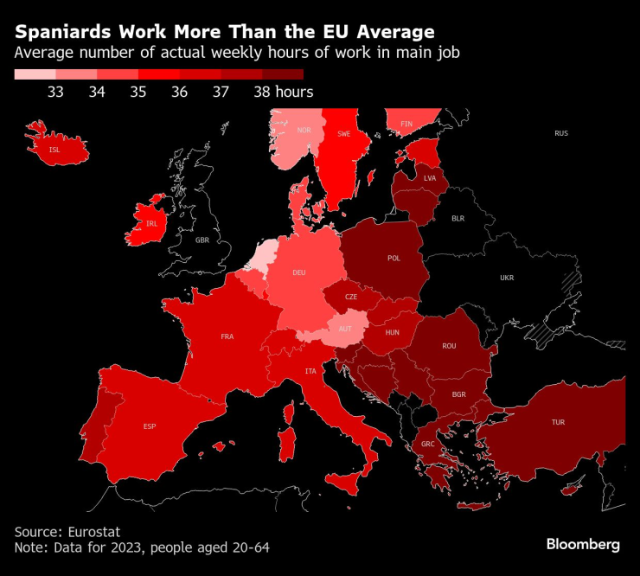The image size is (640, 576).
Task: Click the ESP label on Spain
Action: [150, 426]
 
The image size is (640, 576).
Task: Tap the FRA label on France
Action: [227, 336]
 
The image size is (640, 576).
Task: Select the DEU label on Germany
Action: [299, 272]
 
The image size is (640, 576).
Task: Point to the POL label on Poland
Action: [394, 258]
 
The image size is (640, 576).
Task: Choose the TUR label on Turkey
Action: [558, 423]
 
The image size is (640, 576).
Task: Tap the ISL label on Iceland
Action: [55, 150]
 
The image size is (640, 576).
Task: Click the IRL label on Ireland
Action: [151, 223]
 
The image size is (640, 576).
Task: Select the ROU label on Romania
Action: [449, 346]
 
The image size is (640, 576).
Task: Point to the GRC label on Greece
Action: [428, 445]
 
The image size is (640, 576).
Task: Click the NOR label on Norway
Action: [304, 131]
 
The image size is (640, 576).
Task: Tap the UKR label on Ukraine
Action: [506, 278]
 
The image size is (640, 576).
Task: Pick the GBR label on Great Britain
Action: [202, 240]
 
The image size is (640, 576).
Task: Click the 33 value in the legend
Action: [56, 92]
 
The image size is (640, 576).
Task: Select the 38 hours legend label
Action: [284, 92]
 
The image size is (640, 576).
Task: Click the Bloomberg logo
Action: [583, 544]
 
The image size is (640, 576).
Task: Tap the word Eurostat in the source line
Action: [99, 530]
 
